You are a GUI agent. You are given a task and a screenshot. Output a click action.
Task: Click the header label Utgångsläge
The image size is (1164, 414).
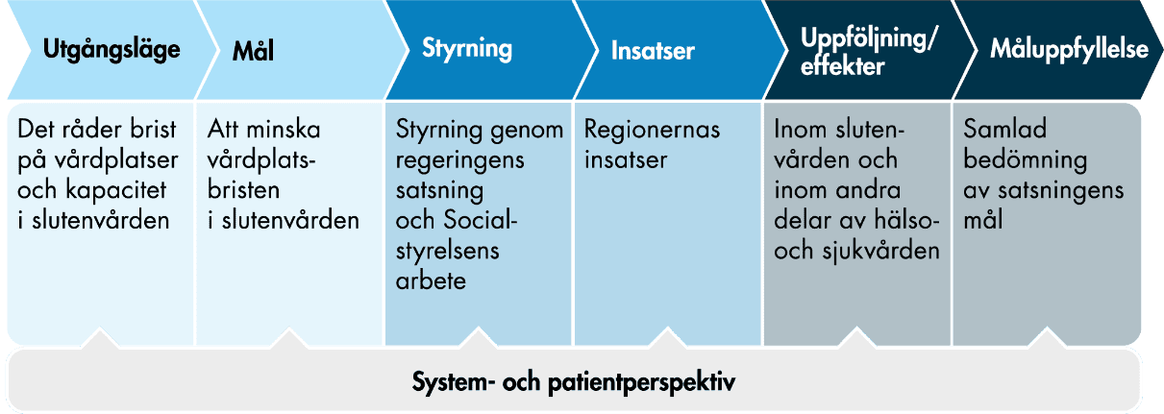[x=112, y=51]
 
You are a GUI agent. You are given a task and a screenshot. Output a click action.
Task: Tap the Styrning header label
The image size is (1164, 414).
[x=467, y=50]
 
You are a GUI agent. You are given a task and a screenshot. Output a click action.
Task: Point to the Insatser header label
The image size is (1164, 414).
[x=653, y=51]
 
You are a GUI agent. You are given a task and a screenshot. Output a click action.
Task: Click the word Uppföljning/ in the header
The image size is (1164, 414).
[x=869, y=39]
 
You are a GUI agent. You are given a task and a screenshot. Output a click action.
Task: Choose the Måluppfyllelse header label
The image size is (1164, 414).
[x=1069, y=51]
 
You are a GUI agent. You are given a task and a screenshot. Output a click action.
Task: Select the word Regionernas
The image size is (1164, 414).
[x=653, y=130]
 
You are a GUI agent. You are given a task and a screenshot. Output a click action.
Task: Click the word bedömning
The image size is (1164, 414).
[x=1026, y=159]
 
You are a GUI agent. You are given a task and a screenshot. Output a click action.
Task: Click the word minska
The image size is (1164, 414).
[x=281, y=130]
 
